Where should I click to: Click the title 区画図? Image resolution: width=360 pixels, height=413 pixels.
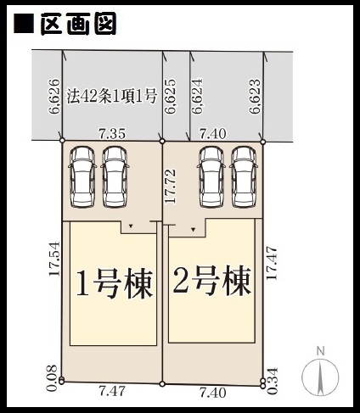[78, 24]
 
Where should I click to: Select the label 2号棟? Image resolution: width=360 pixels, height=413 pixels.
[212, 281]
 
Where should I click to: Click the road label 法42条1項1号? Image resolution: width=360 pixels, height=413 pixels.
[112, 96]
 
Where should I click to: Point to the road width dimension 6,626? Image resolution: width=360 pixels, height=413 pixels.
[53, 96]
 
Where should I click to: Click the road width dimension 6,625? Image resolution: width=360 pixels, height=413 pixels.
[171, 96]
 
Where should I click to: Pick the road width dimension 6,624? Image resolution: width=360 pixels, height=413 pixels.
[197, 96]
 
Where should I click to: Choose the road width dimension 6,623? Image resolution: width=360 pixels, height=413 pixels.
[255, 96]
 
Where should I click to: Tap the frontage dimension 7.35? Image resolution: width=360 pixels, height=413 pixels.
[112, 133]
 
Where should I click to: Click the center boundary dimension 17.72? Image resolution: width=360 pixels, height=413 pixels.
[171, 186]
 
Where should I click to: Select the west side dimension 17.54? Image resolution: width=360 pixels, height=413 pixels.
[54, 259]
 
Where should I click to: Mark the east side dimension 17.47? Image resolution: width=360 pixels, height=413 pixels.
[272, 263]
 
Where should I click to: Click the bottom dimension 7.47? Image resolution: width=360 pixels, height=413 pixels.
[112, 391]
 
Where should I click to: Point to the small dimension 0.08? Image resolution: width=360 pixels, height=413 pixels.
[53, 378]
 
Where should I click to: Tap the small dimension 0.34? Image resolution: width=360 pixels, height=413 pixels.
[273, 381]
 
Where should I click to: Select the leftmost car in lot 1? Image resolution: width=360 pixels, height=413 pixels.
[82, 177]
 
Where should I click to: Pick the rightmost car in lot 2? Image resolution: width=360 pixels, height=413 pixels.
[243, 176]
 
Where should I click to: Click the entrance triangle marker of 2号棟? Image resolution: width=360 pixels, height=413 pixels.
[193, 229]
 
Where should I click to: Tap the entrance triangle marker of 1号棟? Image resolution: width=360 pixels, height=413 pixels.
[131, 226]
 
